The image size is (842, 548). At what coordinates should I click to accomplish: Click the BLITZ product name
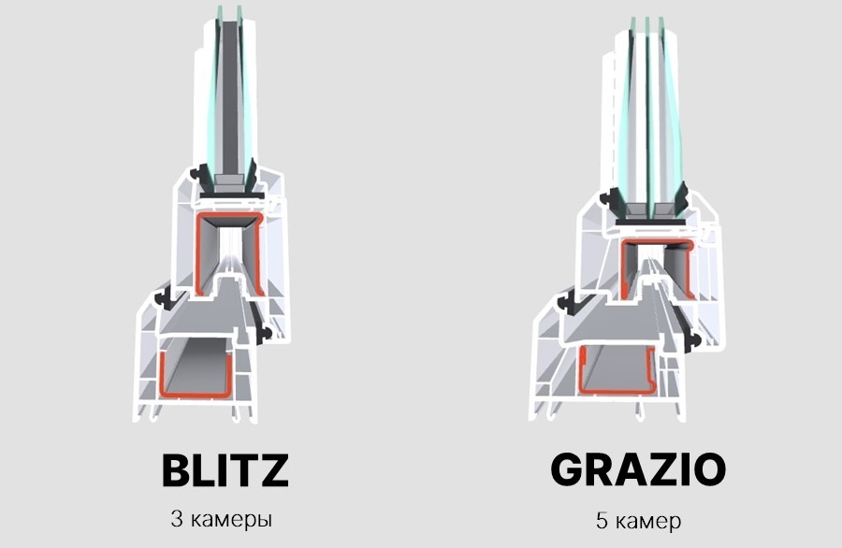pyautogui.click(x=225, y=470)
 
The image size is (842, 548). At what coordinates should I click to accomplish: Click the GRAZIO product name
pyautogui.click(x=638, y=469)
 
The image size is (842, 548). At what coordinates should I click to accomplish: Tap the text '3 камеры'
pyautogui.click(x=222, y=520)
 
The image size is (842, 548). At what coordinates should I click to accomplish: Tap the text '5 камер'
pyautogui.click(x=638, y=521)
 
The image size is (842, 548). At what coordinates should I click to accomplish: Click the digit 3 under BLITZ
pyautogui.click(x=177, y=519)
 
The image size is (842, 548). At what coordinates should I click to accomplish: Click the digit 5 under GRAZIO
pyautogui.click(x=602, y=521)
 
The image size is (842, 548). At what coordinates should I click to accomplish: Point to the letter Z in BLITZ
pyautogui.click(x=274, y=470)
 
